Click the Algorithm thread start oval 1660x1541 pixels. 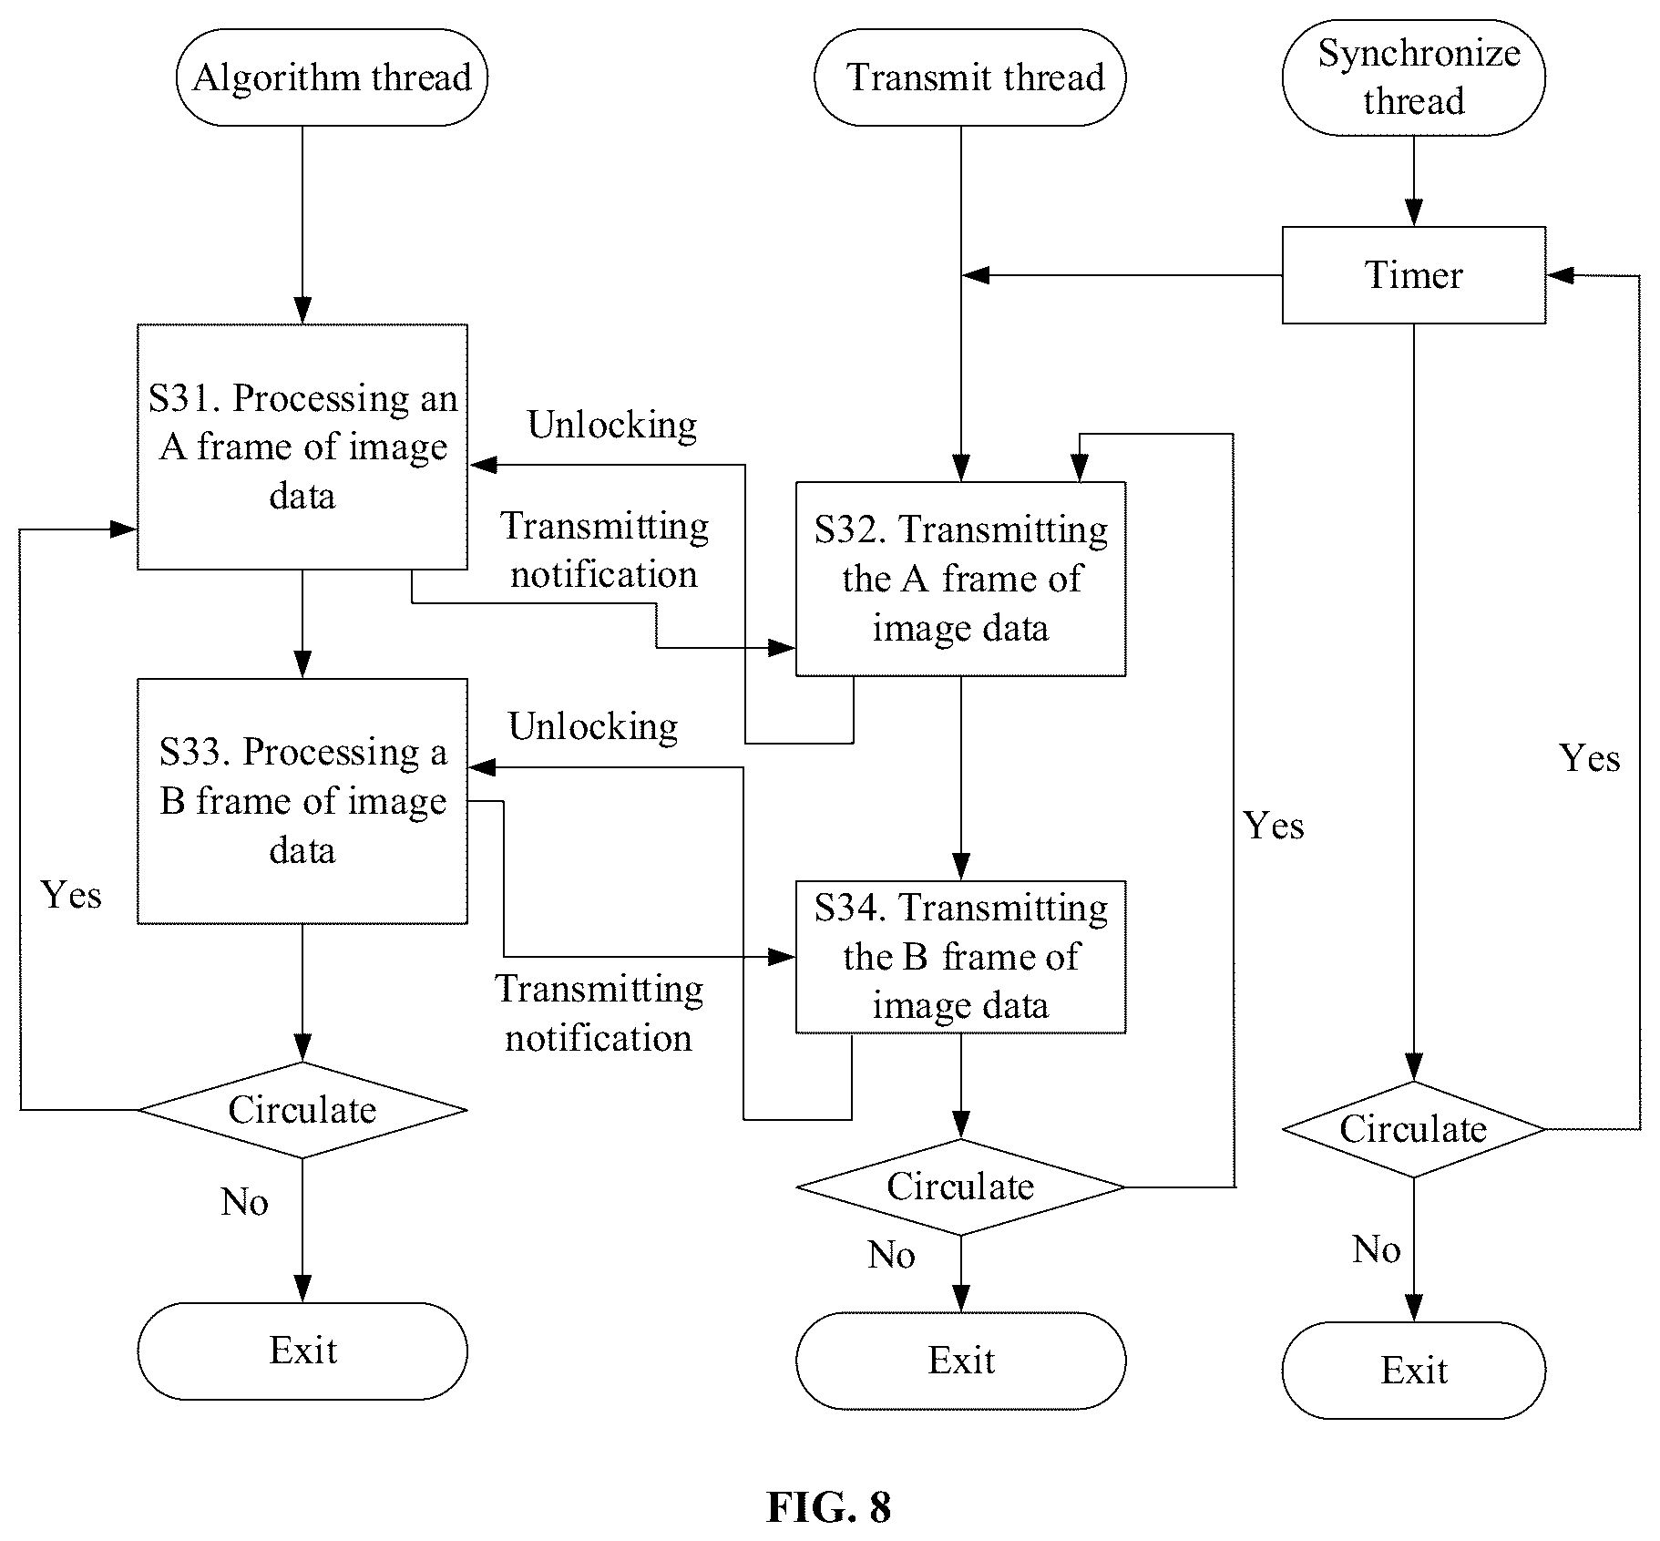[332, 77]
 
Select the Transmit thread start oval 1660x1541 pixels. [970, 77]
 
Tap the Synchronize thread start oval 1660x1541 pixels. [1414, 77]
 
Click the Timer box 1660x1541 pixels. [1414, 275]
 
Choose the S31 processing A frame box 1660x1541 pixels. [302, 447]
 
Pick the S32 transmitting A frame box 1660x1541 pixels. [961, 579]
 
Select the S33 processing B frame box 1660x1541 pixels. [302, 801]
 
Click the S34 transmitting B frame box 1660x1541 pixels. [961, 957]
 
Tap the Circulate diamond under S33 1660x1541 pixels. [302, 1110]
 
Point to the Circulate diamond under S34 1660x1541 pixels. [961, 1187]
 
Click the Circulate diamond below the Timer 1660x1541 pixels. [1414, 1129]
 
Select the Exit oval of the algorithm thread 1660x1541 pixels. [302, 1351]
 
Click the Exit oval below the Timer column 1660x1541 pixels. [1414, 1371]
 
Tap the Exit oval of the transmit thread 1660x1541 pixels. [961, 1361]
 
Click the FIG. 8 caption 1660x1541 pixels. [829, 1507]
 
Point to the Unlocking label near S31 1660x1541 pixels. [612, 426]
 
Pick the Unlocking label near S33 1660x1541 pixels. [593, 727]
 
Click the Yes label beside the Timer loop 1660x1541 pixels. [1590, 758]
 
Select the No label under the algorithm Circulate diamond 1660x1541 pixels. [244, 1202]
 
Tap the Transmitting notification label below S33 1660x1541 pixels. [599, 1013]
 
